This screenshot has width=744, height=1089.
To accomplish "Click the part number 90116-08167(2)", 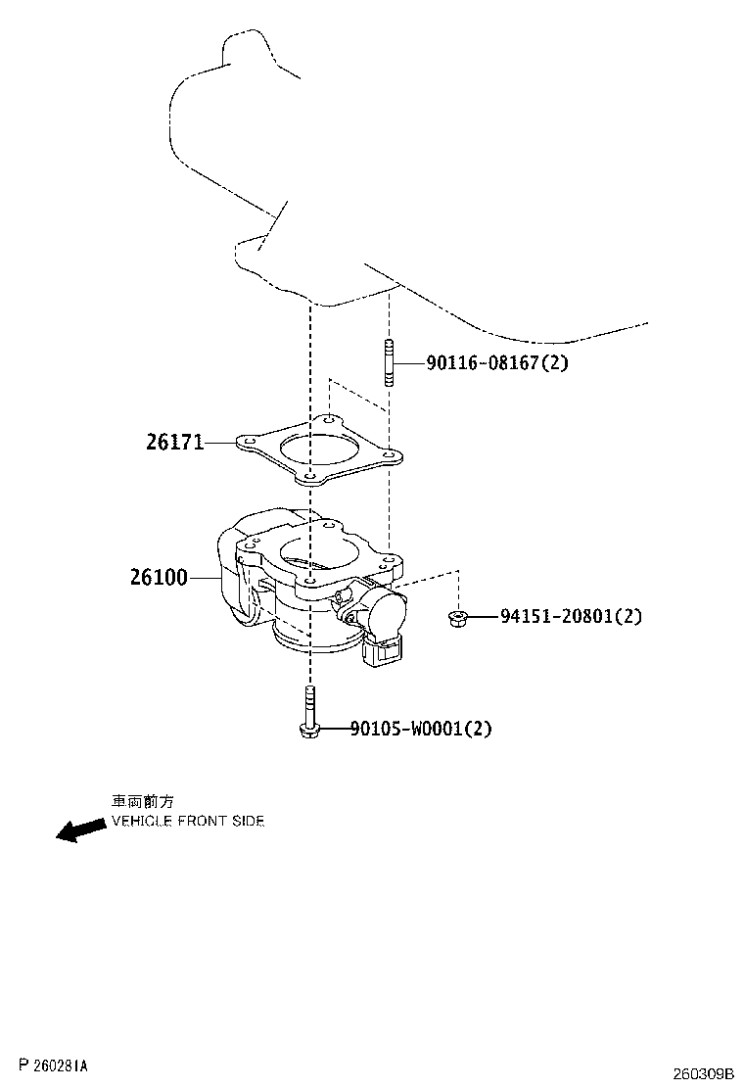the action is [497, 361].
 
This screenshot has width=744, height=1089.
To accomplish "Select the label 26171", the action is [175, 442].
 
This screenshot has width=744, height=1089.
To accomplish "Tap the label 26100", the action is [159, 577].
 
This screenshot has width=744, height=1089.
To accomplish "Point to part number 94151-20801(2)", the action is [571, 616].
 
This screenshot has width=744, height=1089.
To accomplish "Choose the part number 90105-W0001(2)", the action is [421, 729].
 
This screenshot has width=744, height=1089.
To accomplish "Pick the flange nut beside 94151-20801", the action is [456, 617].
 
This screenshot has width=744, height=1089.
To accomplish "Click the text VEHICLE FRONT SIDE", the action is [188, 821].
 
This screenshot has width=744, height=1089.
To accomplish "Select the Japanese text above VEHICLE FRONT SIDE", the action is [143, 801].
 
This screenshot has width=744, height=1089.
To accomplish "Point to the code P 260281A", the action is [55, 1065].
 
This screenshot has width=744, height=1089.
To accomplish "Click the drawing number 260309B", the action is [702, 1073].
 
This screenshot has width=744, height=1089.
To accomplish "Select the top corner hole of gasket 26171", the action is [328, 420].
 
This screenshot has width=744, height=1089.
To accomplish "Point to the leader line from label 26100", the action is [205, 577].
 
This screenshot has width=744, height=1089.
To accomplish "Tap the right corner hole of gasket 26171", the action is [390, 456].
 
